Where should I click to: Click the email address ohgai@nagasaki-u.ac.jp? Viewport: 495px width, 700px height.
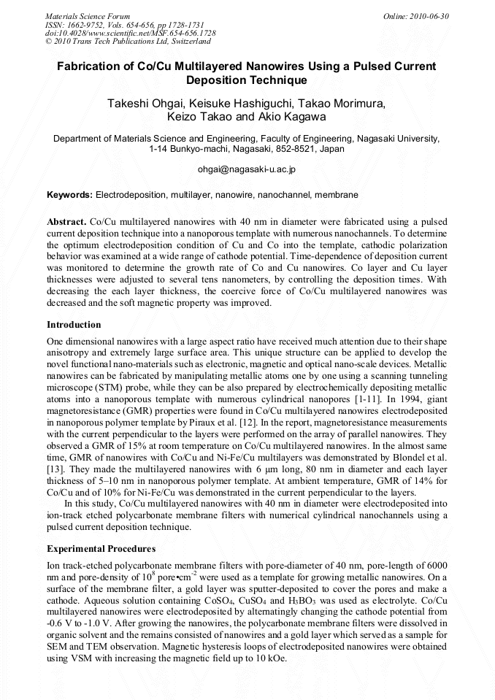247,169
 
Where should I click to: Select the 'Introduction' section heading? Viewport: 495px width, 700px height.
74,325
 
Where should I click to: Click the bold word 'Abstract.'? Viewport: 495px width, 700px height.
67,221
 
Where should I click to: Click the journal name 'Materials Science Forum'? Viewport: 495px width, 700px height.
88,16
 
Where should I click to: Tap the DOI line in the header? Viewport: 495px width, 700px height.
130,33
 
